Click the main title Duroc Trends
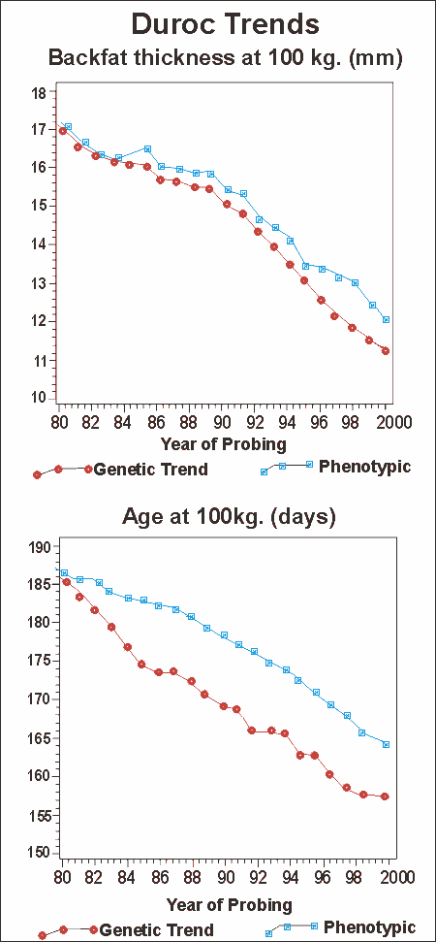tap(225, 25)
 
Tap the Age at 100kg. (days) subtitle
tap(229, 517)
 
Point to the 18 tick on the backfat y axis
tap(40, 93)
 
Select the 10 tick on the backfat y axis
tap(40, 399)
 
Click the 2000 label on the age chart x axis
tap(400, 876)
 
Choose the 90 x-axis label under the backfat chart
tap(222, 420)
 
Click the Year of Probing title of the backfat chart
tap(223, 445)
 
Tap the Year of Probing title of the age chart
tap(229, 905)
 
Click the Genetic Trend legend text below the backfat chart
tap(151, 470)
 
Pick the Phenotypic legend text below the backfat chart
tap(365, 467)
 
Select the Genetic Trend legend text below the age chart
tap(156, 930)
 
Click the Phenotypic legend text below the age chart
tap(369, 926)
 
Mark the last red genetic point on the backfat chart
tap(386, 351)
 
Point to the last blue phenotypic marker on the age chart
tap(387, 744)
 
